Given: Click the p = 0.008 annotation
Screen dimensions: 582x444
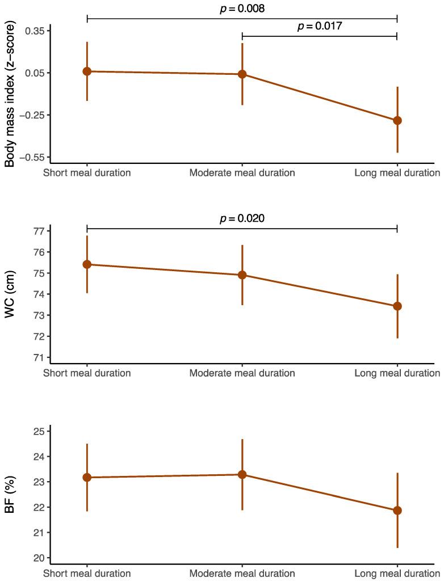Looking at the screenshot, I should (x=242, y=9).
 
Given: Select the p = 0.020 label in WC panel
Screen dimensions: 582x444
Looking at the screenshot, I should (x=242, y=218).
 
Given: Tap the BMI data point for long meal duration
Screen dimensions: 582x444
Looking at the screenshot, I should (x=397, y=120).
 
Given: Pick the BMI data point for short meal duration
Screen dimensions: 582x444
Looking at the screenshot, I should (x=87, y=71).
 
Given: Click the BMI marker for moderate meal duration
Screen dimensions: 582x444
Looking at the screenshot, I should (x=242, y=74).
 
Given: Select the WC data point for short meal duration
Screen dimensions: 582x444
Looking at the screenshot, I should (x=87, y=264).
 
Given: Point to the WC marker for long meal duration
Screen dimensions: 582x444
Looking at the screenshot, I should (x=397, y=306).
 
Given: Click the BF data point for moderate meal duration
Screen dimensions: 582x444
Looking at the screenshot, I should (x=242, y=475).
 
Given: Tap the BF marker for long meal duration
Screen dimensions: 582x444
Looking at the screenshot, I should (x=397, y=511).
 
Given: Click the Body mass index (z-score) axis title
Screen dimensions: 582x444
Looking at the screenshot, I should (x=10, y=94).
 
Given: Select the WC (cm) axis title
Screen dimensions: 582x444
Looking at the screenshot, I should (x=10, y=294).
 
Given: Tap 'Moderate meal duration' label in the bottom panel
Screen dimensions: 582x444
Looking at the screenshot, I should (x=242, y=573).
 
